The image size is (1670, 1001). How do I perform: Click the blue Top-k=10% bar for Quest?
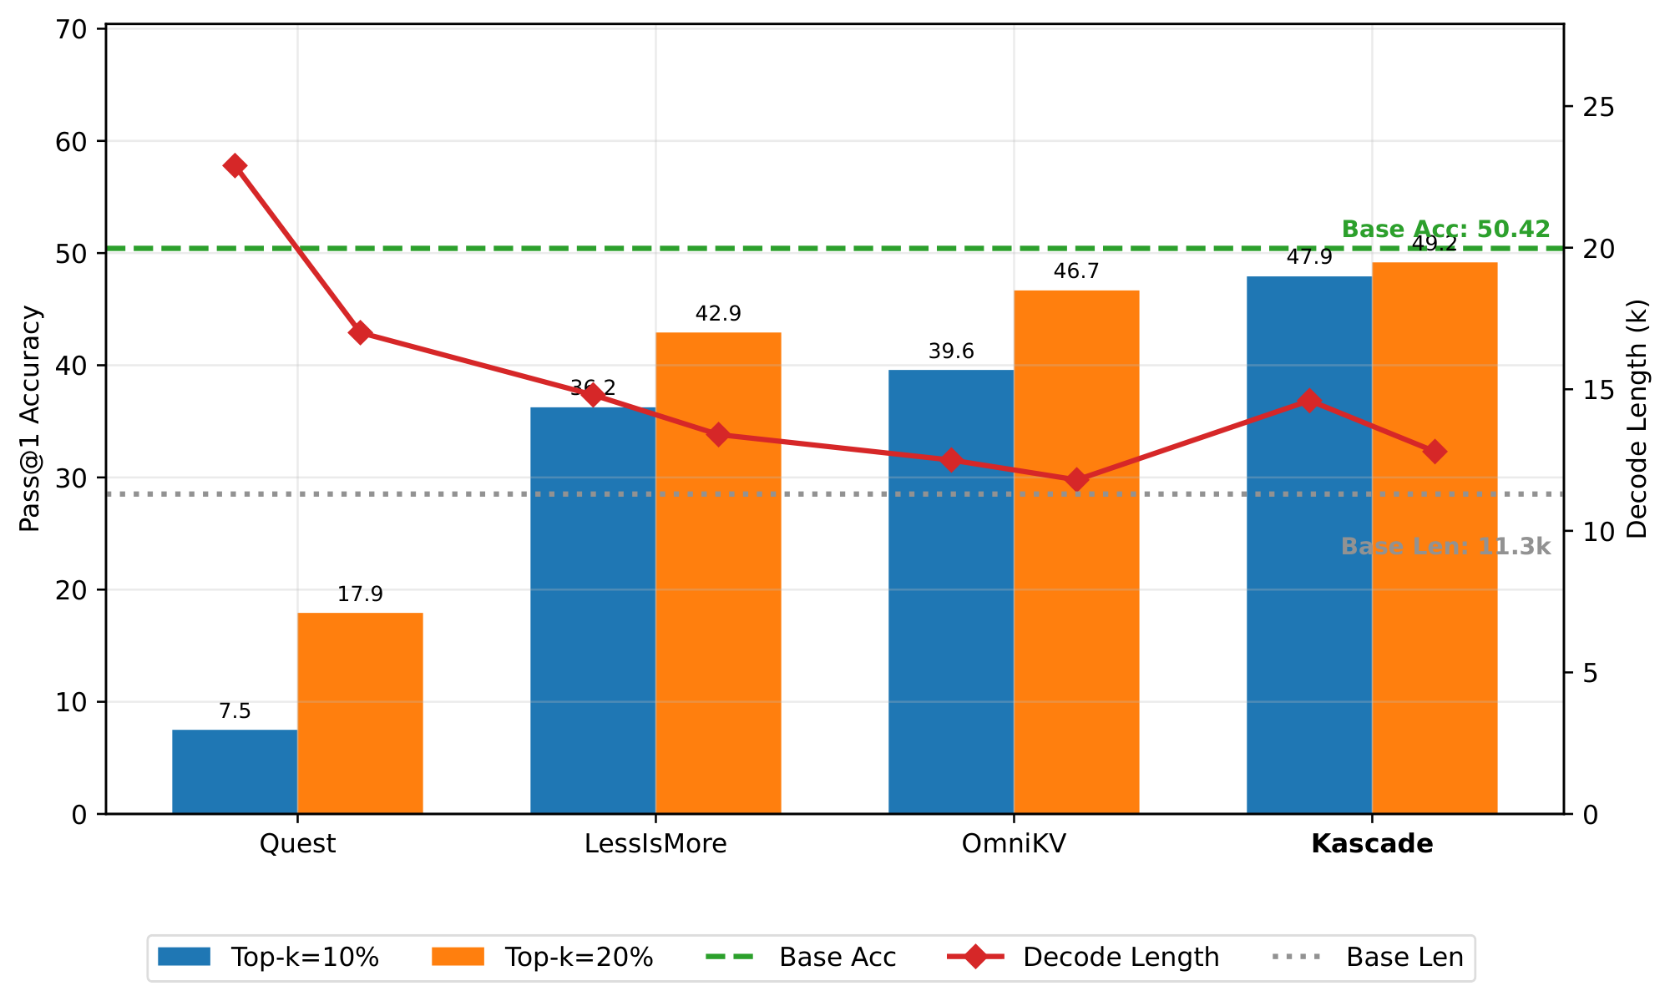235,771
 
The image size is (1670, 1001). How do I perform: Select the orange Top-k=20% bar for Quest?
360,713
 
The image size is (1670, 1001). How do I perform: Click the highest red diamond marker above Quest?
235,165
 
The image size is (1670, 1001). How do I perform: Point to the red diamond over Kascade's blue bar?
1309,401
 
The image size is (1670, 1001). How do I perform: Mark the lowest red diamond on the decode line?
1076,480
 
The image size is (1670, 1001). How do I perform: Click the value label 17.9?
360,594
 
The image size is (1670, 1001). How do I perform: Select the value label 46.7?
1076,271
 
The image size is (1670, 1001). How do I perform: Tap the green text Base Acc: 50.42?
1445,230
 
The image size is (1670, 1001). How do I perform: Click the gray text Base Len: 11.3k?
1445,547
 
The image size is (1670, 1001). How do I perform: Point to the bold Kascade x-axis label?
1372,844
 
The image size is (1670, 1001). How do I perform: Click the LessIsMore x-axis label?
655,844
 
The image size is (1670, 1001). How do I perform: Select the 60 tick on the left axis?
71,141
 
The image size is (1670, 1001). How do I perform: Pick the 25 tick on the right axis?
1598,108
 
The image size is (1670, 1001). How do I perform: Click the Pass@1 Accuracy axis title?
30,419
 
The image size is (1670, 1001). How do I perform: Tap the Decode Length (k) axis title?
1638,419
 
